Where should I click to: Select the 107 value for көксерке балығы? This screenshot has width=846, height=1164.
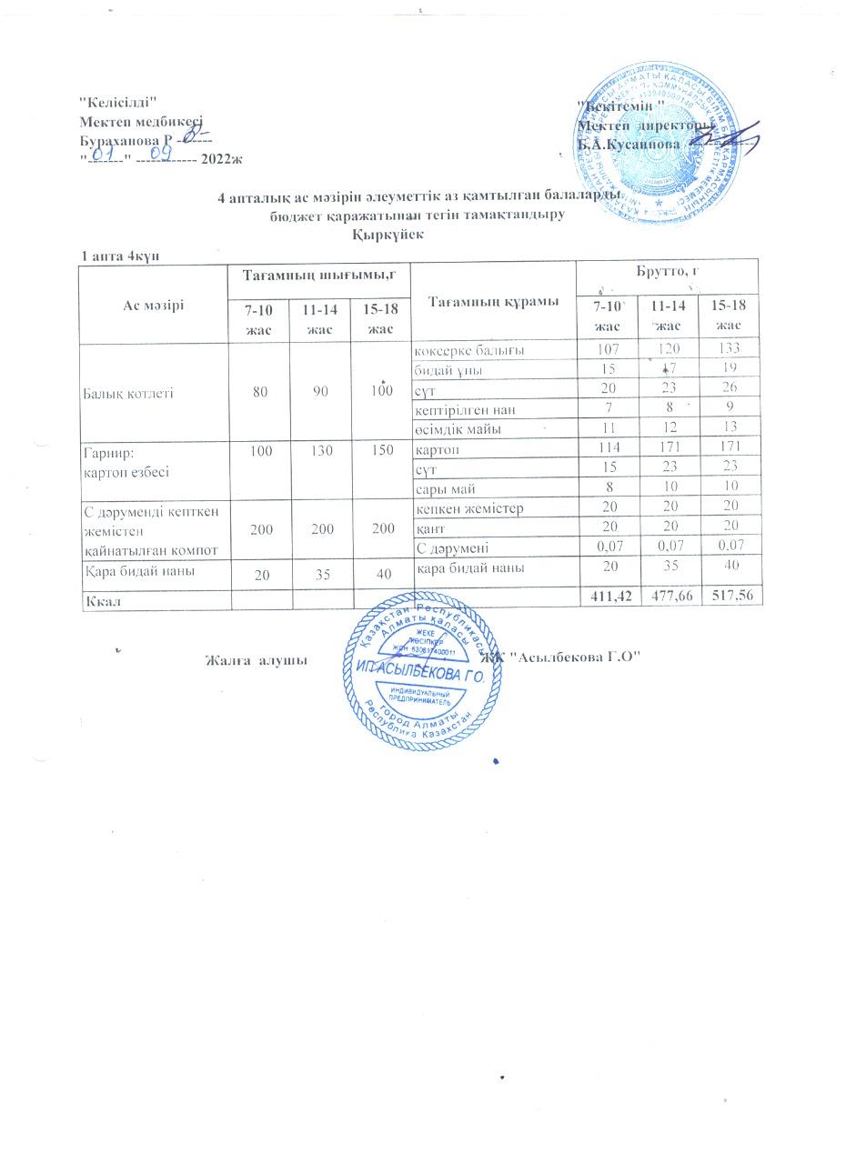click(608, 350)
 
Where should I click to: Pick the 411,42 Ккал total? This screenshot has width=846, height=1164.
click(607, 597)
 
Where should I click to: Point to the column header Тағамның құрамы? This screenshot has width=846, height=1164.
click(494, 301)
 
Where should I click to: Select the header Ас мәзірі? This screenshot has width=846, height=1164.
click(153, 304)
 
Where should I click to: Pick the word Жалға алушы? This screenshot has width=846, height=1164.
click(253, 659)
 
